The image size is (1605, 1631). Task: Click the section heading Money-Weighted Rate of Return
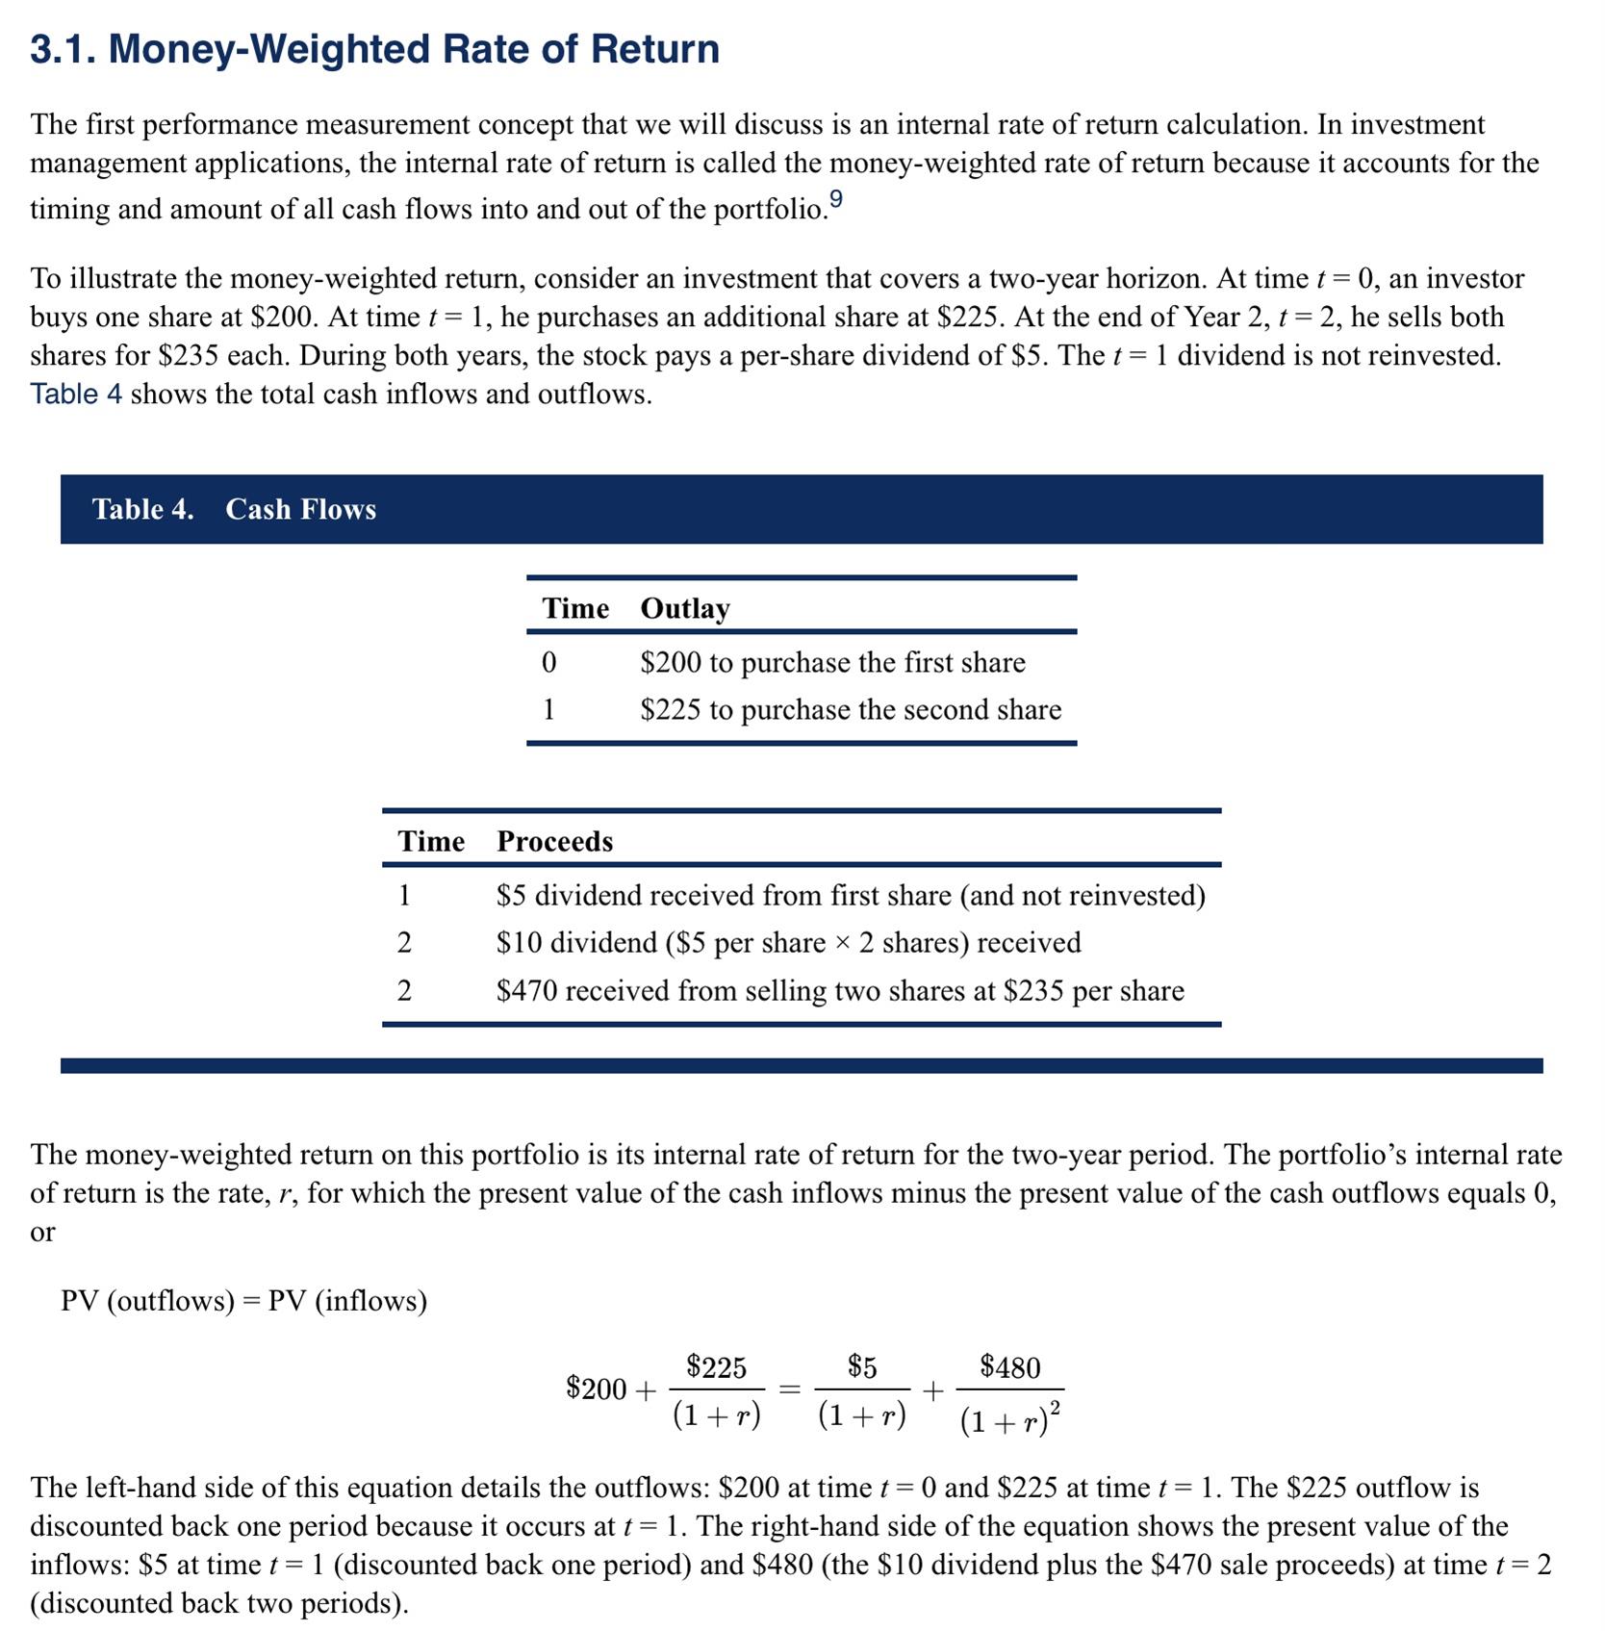point(374,49)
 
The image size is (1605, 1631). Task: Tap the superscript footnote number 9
point(835,199)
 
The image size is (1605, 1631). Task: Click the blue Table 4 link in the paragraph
point(76,395)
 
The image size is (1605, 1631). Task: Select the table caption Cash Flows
point(300,509)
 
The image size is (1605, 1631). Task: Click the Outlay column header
point(685,608)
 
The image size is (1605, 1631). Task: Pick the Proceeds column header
point(554,841)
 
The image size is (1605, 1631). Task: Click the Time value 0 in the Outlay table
point(548,662)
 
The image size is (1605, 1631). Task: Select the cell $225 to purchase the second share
point(851,710)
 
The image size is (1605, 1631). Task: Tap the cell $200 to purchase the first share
point(832,662)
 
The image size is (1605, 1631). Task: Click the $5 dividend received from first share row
point(851,896)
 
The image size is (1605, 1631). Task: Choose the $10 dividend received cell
point(788,943)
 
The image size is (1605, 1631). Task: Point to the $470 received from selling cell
point(840,991)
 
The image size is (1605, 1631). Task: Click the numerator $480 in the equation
point(1009,1367)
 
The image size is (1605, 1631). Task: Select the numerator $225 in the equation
point(716,1366)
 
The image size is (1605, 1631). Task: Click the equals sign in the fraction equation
point(790,1389)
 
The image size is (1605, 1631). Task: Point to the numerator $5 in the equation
point(862,1366)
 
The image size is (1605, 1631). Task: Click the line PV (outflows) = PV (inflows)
point(243,1301)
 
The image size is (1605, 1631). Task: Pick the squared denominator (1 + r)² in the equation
point(1009,1419)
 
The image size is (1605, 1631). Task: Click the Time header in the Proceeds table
point(431,841)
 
